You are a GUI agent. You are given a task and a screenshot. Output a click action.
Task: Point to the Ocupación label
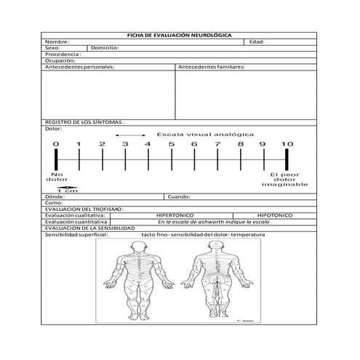point(60,60)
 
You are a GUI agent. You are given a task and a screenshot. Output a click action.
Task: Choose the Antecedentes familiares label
point(211,67)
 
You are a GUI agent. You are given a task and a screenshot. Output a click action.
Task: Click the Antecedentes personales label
point(79,67)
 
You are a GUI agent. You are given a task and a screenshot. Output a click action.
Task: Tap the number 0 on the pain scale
point(55,145)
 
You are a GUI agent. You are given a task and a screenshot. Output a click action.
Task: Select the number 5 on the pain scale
point(172,145)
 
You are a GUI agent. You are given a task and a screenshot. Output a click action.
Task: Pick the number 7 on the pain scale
point(217,145)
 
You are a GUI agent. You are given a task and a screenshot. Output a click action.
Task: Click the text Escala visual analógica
point(205,135)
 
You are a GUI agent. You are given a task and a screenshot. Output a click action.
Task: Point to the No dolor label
point(57,177)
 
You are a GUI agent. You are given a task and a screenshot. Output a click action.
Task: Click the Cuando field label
point(179,196)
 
